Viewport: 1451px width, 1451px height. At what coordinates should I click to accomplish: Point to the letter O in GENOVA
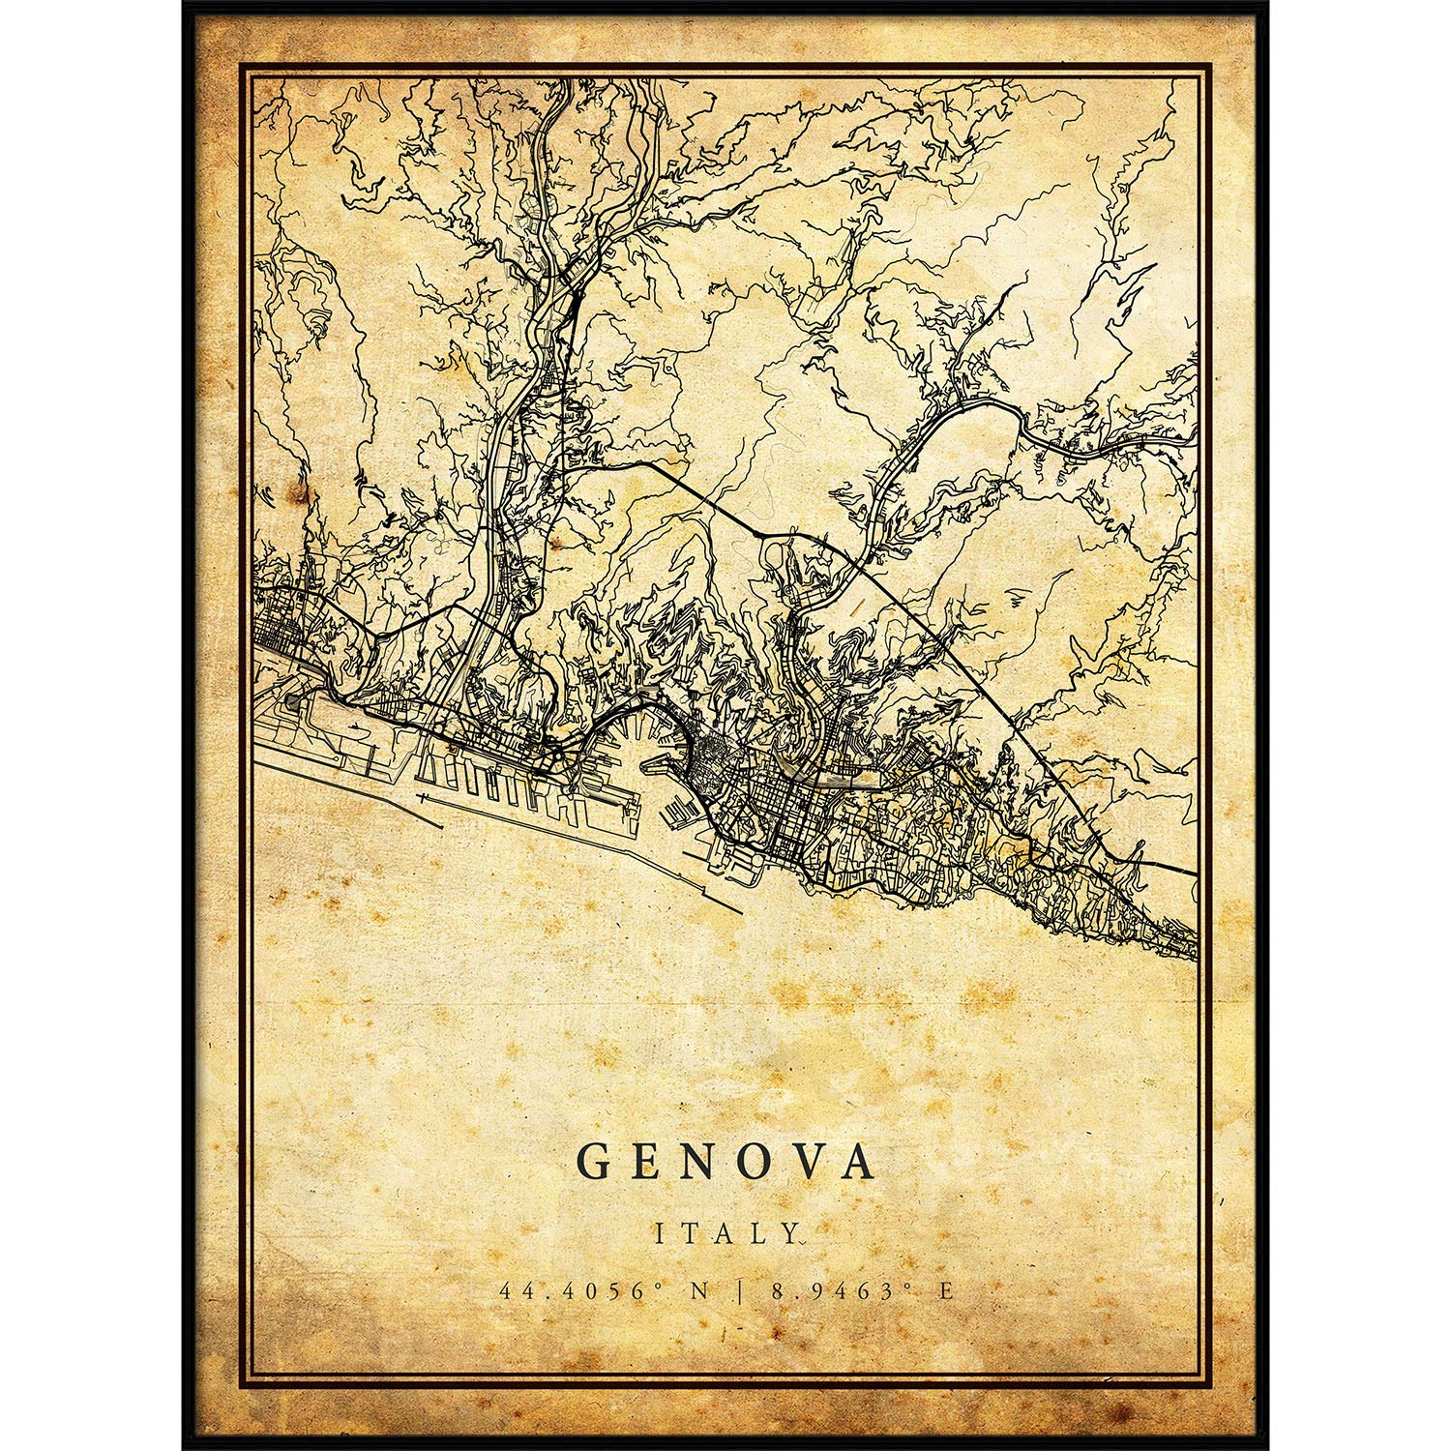tap(758, 1163)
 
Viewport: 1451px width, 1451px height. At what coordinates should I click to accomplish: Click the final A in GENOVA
tap(860, 1163)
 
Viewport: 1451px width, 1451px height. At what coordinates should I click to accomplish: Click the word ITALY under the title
tap(725, 1233)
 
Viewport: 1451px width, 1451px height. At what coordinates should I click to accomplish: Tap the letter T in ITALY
tap(689, 1233)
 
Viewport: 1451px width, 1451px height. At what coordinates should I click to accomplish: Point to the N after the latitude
tap(669, 1290)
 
